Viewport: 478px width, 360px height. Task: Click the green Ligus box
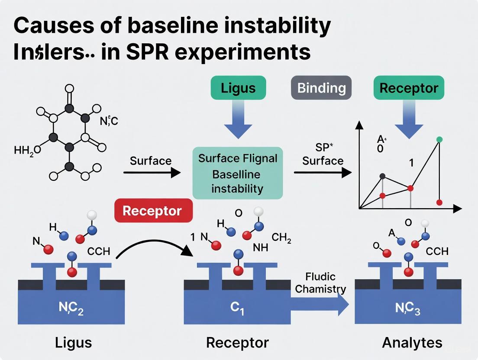[x=238, y=88]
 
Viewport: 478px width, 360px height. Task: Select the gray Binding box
[x=321, y=88]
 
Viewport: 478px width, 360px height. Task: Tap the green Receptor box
[x=409, y=88]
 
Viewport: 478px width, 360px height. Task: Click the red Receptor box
[x=152, y=211]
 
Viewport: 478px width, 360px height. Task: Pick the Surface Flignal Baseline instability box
[x=237, y=173]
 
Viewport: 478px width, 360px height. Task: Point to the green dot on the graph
[x=440, y=139]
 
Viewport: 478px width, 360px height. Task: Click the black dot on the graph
[x=382, y=176]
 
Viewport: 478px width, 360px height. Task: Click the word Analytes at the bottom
[x=412, y=343]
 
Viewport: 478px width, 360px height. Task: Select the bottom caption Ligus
[x=74, y=343]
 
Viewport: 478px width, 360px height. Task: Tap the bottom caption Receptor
[x=237, y=343]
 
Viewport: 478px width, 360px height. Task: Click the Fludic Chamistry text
[x=320, y=283]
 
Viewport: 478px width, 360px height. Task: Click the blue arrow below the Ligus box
[x=238, y=116]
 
